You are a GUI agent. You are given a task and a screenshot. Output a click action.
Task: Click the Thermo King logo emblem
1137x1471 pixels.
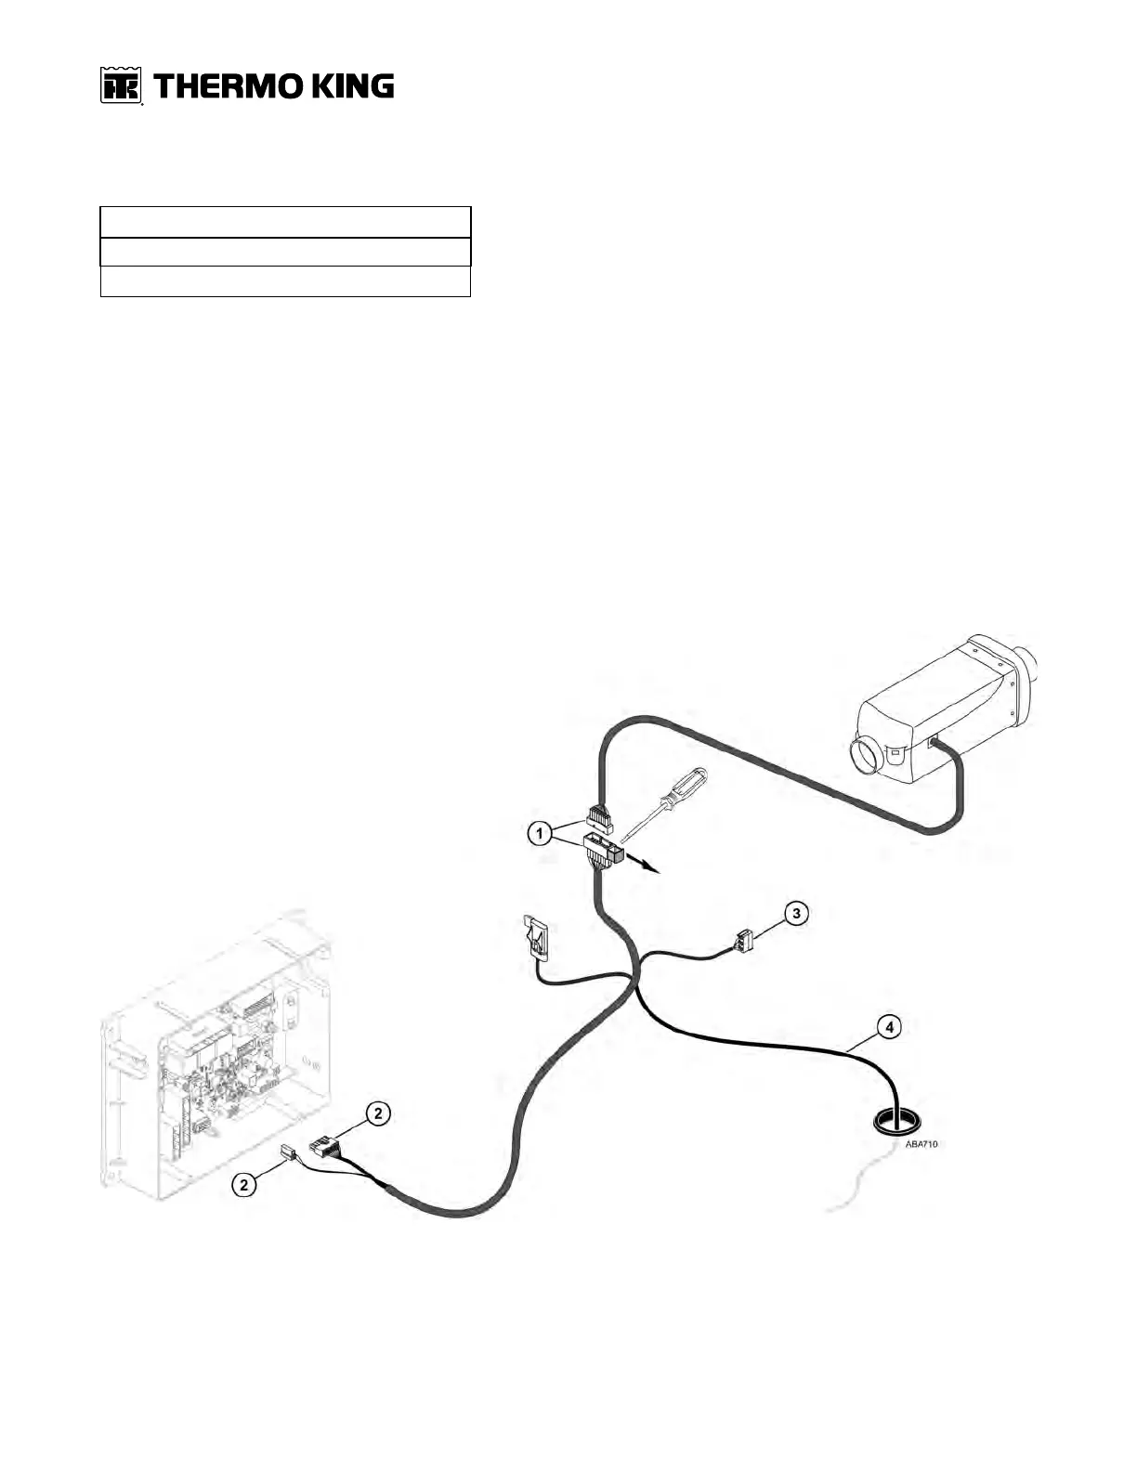121,86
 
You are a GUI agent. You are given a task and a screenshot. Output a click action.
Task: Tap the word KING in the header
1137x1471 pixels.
351,86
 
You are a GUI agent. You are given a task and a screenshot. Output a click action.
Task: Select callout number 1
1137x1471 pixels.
538,834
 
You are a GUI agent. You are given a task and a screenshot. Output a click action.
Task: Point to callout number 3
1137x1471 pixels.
795,913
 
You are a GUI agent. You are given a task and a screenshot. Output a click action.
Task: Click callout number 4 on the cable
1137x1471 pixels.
890,1027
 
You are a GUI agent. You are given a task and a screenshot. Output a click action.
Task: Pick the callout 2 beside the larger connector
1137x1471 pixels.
377,1113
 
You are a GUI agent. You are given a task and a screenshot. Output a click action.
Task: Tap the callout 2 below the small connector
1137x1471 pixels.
244,1184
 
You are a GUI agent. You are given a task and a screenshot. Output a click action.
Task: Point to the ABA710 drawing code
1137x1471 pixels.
921,1144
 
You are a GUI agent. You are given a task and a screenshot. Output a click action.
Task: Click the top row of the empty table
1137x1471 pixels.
285,223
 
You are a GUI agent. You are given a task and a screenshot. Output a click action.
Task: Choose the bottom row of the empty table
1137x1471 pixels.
285,281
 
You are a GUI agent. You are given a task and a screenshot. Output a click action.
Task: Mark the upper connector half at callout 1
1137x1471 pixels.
600,819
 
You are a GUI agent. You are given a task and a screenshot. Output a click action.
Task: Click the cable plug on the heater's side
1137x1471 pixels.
935,742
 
